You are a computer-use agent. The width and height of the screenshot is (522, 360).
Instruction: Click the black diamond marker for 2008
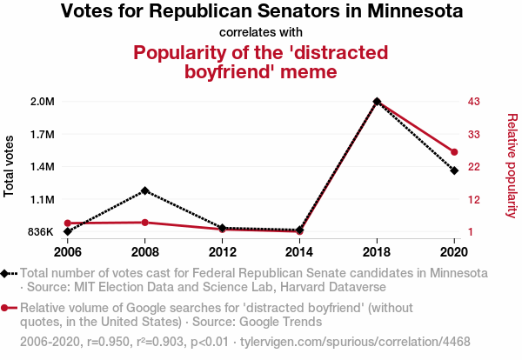[144, 190]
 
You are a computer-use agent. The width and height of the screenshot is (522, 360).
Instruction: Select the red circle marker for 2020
[454, 152]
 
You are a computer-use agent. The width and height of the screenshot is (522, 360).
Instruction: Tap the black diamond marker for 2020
[454, 170]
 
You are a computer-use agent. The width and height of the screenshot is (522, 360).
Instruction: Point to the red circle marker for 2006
[68, 223]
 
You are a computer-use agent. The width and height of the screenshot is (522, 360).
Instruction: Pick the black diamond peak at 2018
[377, 102]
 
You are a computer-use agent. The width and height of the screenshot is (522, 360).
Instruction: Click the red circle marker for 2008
[144, 223]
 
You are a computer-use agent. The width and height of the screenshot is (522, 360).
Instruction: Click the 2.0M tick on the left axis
[42, 102]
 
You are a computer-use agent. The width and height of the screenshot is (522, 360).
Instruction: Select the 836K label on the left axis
[40, 232]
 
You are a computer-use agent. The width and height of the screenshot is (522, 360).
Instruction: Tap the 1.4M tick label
[42, 167]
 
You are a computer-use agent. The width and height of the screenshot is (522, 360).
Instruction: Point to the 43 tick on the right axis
[474, 102]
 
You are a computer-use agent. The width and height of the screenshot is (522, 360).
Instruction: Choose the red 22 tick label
[474, 167]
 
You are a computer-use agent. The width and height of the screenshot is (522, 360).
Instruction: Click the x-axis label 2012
[223, 252]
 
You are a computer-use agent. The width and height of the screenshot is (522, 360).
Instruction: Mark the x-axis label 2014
[299, 252]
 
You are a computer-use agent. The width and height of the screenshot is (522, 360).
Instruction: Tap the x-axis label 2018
[377, 252]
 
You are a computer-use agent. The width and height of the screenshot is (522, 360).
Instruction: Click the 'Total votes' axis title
[10, 166]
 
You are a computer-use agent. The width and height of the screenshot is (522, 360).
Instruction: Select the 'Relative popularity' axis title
[512, 165]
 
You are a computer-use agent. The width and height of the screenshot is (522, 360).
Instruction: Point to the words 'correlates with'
[261, 32]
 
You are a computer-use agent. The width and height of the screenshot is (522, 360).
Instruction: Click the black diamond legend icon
[7, 273]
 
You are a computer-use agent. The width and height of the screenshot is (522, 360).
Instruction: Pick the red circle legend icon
[7, 308]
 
